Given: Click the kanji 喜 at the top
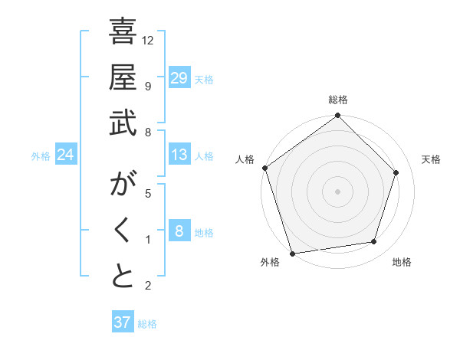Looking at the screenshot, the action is (123, 34).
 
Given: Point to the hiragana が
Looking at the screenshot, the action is (123, 185).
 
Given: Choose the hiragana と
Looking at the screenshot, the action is (123, 277).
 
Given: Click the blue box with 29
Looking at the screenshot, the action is (179, 78).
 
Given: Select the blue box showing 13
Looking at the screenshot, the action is (179, 155).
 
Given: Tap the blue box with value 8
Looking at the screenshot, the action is (179, 231).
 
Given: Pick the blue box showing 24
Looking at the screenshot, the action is (66, 155).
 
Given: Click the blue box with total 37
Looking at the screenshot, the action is (123, 322).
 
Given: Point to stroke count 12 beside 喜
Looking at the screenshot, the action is (148, 40).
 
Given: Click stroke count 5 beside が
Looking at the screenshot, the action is (148, 194).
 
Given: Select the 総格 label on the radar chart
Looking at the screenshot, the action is (337, 100).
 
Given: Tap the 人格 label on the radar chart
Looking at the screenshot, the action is (246, 159).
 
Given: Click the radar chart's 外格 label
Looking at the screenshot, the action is (270, 262).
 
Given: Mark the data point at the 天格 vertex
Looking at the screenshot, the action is (396, 172).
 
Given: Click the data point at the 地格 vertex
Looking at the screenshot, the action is (374, 242).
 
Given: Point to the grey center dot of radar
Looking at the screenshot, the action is (337, 191).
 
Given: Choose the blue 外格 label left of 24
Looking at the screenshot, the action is (41, 155).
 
